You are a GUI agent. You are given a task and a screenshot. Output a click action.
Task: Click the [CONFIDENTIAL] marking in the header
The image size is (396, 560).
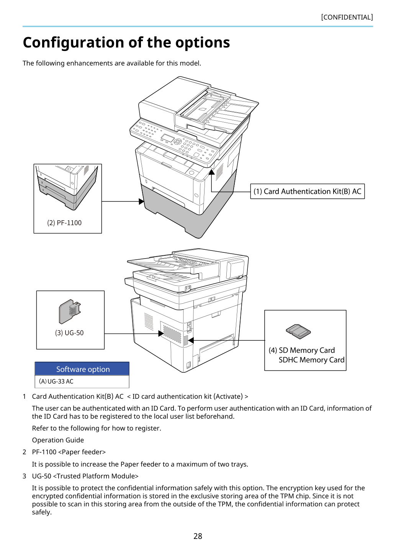point(347,17)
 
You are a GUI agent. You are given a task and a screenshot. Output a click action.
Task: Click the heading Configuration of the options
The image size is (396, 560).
point(126,42)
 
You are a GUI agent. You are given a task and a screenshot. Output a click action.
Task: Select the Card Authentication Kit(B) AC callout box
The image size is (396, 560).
point(308,191)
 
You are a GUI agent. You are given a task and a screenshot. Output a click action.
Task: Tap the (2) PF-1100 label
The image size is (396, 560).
point(64,223)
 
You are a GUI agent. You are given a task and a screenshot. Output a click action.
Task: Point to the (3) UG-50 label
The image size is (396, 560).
point(69,333)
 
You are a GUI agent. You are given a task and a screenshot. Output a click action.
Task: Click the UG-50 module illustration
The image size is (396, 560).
point(70,311)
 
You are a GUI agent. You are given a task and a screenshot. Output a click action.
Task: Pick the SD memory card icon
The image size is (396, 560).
point(298,331)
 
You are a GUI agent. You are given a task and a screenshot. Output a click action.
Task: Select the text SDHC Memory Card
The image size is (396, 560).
point(311,360)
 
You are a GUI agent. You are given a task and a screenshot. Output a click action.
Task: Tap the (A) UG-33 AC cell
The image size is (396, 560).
point(82,382)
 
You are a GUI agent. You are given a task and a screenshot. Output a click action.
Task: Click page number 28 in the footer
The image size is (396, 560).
point(198,536)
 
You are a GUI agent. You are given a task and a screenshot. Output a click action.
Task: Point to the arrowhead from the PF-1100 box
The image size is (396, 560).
point(141,201)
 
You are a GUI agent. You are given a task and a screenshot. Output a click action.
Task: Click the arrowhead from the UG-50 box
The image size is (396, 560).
point(161,334)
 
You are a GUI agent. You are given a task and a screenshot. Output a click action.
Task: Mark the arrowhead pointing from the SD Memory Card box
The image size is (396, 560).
point(191,340)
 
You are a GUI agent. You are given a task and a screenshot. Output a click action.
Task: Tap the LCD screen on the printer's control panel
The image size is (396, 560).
point(167,138)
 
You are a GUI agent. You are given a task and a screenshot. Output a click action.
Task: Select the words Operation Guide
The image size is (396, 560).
point(58,440)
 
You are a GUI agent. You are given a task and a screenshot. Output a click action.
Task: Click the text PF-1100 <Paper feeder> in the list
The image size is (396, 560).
point(69,452)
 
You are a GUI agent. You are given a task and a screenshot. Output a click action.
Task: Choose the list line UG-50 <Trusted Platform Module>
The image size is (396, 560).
point(85,476)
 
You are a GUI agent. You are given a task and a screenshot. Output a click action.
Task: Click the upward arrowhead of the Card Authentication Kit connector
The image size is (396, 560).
point(211,172)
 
